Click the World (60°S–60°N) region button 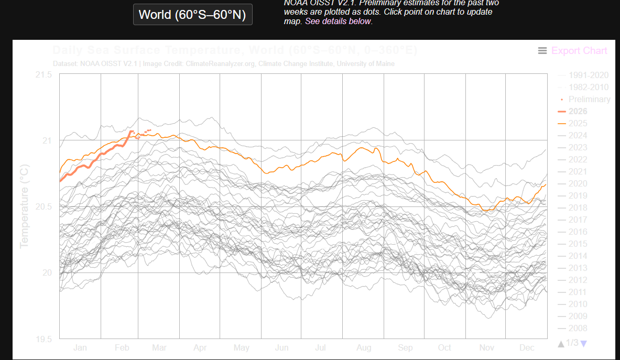coord(192,14)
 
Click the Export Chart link coord(579,51)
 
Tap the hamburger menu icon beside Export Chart coord(542,51)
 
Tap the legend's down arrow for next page coord(584,343)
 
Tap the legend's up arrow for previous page coord(561,343)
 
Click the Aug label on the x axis coord(363,347)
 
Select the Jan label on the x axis coord(80,347)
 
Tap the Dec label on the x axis coord(527,347)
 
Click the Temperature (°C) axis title coord(25,206)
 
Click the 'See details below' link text coord(346,21)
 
